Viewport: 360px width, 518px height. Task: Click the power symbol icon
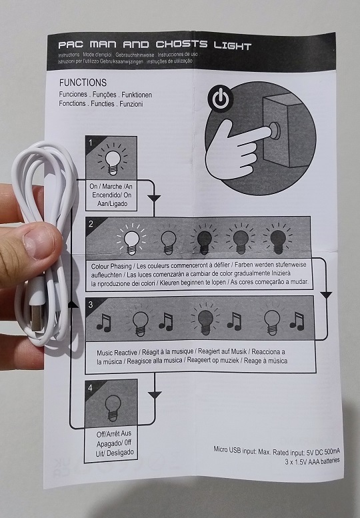click(x=221, y=99)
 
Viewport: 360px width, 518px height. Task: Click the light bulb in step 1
click(x=111, y=159)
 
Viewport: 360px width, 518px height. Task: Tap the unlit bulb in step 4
click(x=111, y=406)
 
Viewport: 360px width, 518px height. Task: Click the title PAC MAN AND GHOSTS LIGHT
click(x=154, y=46)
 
